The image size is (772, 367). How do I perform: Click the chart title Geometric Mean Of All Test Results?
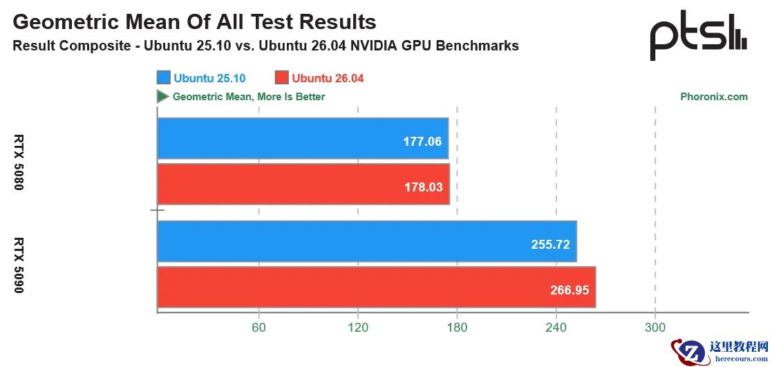coord(194,22)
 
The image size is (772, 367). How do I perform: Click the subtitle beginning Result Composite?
coord(265,46)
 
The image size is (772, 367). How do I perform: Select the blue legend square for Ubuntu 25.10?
coord(164,78)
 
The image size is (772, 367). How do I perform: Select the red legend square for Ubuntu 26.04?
coord(281,78)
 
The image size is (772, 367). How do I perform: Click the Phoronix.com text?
coord(714,97)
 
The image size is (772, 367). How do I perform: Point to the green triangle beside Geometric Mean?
coord(162,97)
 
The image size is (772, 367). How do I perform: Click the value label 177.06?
coord(422,142)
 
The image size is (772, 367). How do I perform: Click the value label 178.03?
coord(422,187)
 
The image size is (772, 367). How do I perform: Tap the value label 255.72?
coord(551,245)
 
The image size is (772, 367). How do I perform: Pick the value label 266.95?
coord(570,290)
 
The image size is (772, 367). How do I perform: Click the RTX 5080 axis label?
coord(19,162)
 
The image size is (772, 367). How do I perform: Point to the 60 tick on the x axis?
coord(258,327)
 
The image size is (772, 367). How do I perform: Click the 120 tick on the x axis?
coord(357,327)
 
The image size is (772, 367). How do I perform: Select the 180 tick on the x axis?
coord(457,327)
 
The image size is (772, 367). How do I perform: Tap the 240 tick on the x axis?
coord(556,327)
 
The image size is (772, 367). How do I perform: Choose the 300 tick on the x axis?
coord(655,327)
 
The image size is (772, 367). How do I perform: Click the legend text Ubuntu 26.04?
coord(328,78)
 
